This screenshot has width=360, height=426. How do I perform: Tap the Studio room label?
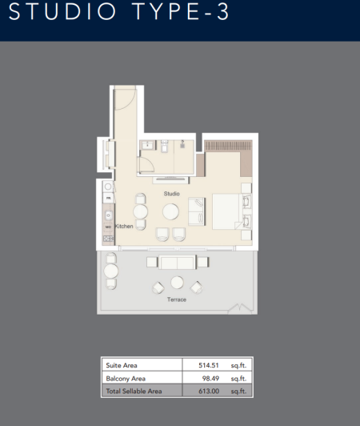point(171,194)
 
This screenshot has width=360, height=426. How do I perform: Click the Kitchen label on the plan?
point(123,227)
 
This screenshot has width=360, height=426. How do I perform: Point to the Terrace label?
point(176,299)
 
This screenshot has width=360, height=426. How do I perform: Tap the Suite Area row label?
point(122,365)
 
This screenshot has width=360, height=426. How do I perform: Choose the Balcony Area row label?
point(125,378)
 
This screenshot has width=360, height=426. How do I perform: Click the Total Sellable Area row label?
point(134,391)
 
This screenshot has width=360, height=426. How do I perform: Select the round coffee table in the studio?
point(171,211)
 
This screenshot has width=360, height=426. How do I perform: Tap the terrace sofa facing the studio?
point(178,263)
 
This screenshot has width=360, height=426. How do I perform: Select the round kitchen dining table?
point(140,212)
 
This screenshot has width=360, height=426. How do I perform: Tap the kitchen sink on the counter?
point(108,211)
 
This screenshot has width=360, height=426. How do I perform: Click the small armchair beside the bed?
point(196,212)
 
